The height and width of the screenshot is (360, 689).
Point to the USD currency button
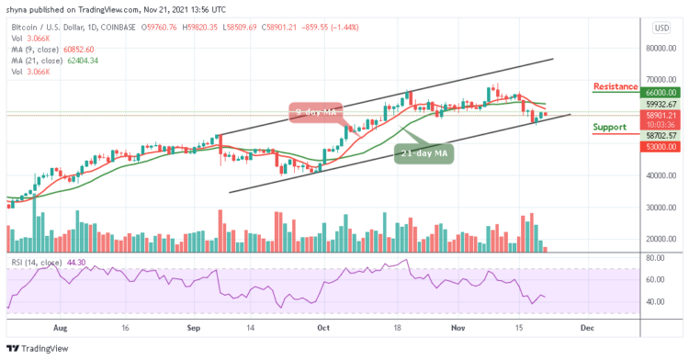661,27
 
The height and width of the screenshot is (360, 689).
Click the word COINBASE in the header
156,27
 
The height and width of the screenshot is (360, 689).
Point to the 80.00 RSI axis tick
654,256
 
